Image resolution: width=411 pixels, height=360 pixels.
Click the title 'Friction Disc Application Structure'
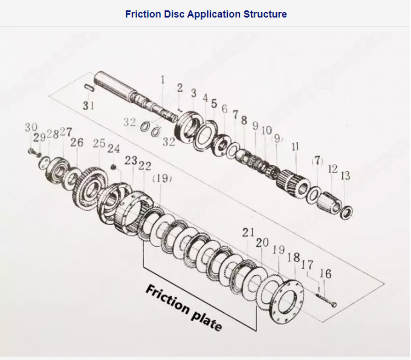tap(205, 13)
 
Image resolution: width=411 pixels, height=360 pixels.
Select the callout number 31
tap(89, 105)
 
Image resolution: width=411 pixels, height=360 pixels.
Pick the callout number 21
tap(248, 232)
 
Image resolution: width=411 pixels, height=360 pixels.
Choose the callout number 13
tap(345, 176)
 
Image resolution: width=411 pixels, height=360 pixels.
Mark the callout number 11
tap(295, 147)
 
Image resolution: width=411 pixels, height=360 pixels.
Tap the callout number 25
tap(99, 143)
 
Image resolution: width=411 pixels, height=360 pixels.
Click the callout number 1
tap(162, 79)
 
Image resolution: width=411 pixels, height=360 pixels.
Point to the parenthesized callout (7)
tap(317, 160)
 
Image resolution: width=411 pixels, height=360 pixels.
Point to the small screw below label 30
tap(32, 150)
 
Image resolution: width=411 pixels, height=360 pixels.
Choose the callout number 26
tap(77, 143)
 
